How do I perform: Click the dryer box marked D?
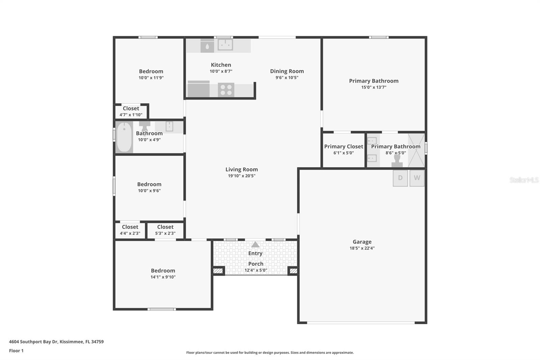tap(400, 178)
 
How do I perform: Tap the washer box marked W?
tap(417, 178)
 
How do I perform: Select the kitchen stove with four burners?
tap(226, 89)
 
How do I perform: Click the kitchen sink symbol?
tap(225, 45)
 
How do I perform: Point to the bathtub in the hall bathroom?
tap(124, 137)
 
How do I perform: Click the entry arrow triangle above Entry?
tap(255, 245)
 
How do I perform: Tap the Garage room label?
tap(362, 241)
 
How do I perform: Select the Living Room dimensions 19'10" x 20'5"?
tap(242, 176)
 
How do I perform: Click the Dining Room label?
tap(287, 71)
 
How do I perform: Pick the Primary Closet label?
tap(344, 147)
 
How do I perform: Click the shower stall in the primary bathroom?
tap(416, 150)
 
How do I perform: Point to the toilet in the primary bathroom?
tap(397, 161)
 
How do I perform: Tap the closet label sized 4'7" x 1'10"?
tap(131, 111)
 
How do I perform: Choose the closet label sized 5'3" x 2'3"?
tap(165, 230)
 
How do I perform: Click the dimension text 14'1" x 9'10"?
tap(163, 277)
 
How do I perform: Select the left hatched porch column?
tap(218, 271)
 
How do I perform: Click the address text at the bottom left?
tap(56, 342)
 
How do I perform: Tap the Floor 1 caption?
tap(16, 351)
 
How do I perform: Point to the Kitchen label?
tap(221, 65)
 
